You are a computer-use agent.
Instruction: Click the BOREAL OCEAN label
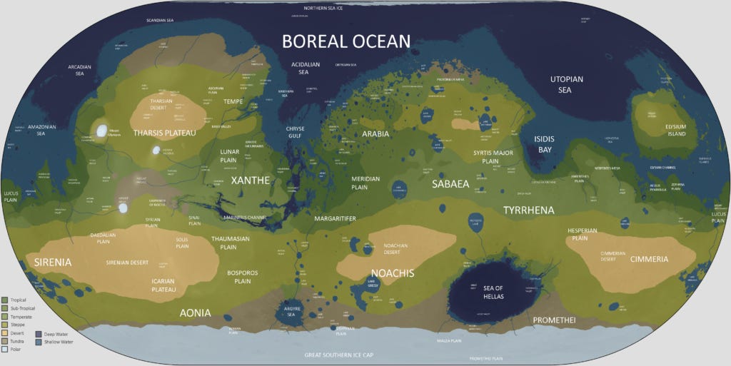tap(346, 41)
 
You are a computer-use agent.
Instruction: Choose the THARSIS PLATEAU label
tap(164, 133)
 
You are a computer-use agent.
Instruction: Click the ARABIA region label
tap(375, 133)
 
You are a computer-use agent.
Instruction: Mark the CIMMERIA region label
tap(649, 259)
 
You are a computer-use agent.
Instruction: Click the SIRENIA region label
tap(53, 262)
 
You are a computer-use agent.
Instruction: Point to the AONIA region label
tap(194, 312)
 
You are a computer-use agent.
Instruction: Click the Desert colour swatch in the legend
tap(6, 333)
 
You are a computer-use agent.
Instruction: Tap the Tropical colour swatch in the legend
tap(6, 299)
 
